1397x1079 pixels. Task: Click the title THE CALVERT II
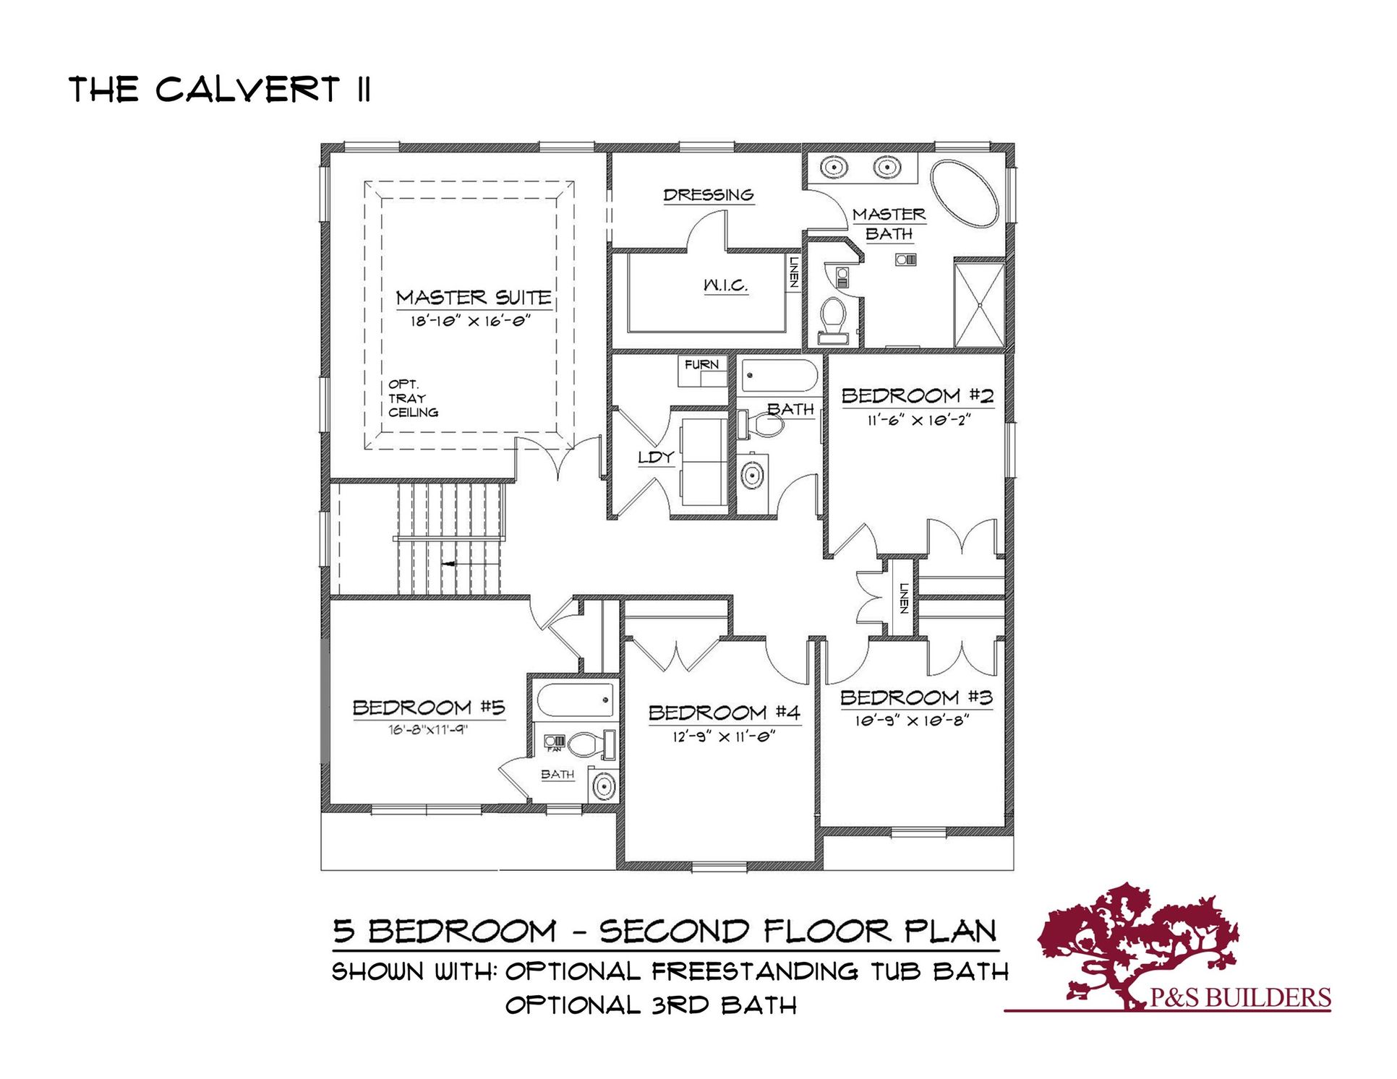tap(220, 90)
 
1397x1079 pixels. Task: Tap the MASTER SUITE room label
tap(474, 298)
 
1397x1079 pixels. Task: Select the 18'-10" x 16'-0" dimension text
tap(471, 321)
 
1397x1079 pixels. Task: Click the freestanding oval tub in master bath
tap(964, 194)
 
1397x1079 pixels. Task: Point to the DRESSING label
tap(709, 195)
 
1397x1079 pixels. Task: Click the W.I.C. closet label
tap(725, 285)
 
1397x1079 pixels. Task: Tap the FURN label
tap(701, 365)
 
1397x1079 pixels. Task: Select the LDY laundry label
tap(656, 457)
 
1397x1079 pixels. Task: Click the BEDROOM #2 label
tap(917, 396)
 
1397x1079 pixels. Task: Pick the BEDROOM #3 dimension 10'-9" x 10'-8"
tap(913, 721)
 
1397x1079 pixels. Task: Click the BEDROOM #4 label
tap(724, 713)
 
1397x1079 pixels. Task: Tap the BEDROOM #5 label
tap(429, 708)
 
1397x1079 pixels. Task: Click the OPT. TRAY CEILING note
tap(413, 398)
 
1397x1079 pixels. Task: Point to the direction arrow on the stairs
tap(448, 563)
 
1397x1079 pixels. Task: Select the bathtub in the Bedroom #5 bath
tap(576, 700)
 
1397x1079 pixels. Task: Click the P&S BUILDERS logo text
tap(1239, 998)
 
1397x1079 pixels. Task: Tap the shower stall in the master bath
tap(979, 305)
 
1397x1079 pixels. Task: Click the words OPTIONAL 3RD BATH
tap(650, 1005)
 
